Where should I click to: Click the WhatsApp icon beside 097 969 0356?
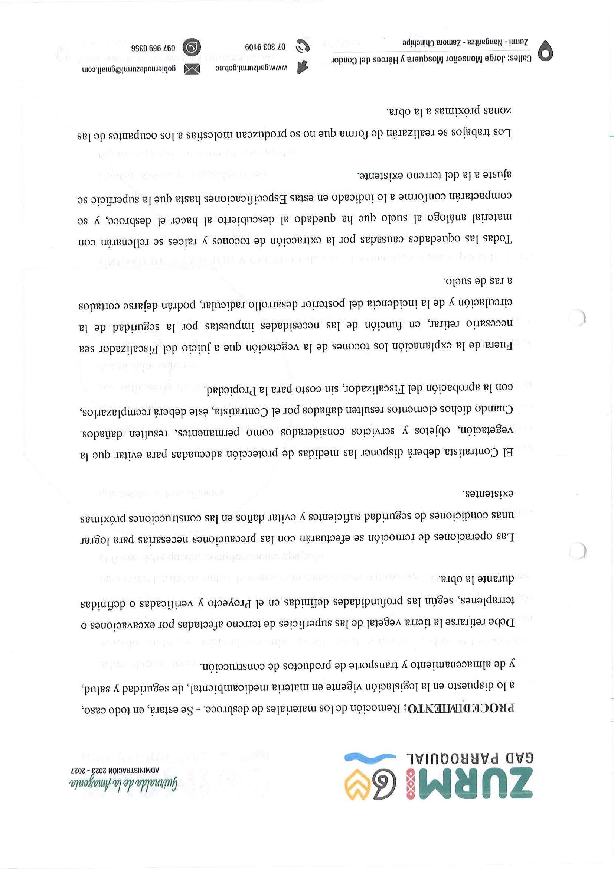[192, 47]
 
